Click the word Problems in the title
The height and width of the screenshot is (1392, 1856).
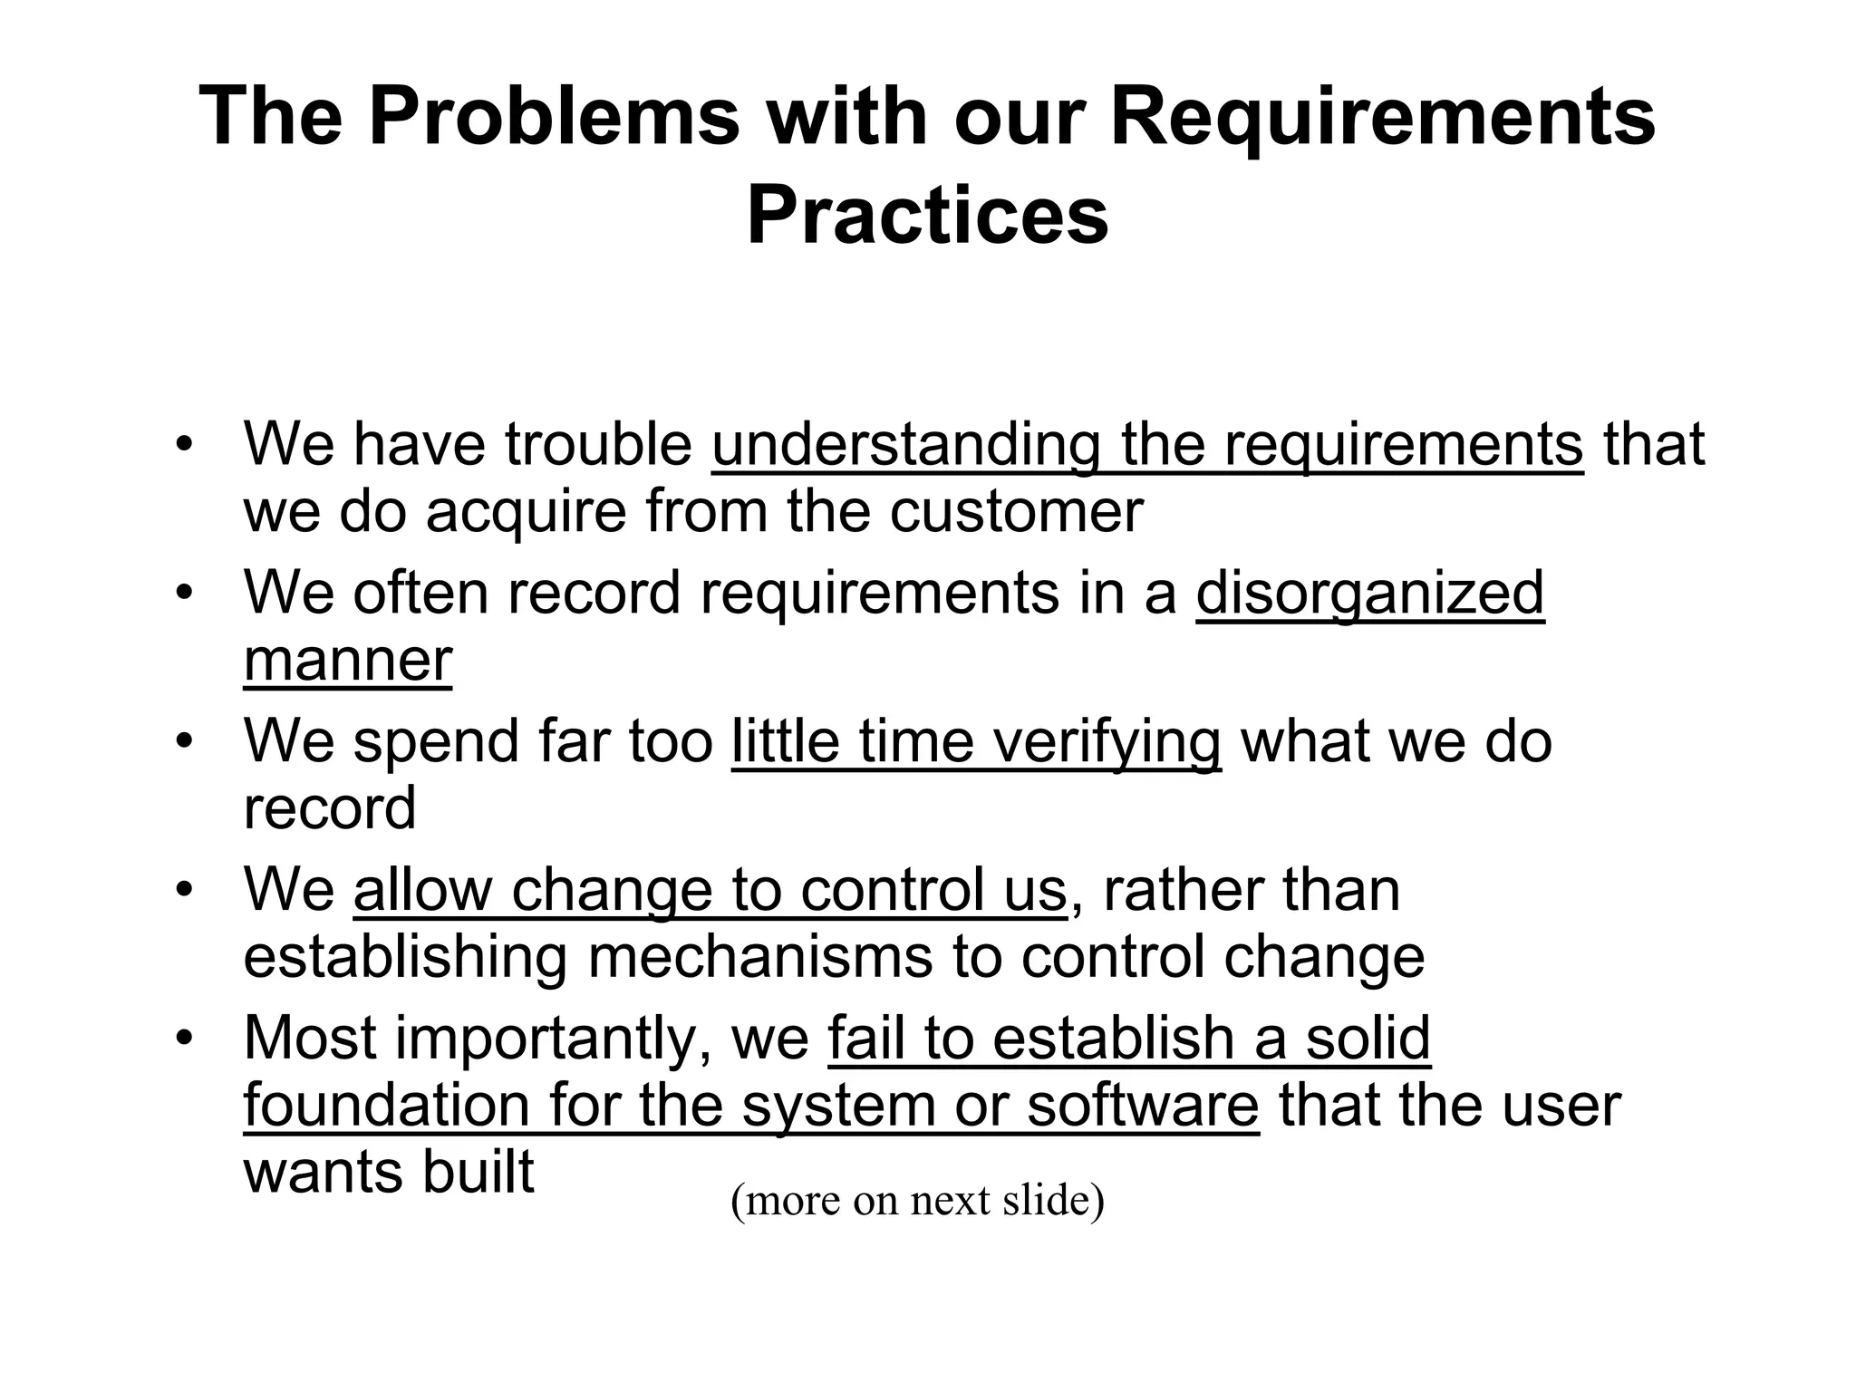pyautogui.click(x=554, y=118)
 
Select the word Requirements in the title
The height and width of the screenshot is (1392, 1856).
pyautogui.click(x=1383, y=118)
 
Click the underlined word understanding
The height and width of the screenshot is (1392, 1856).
pyautogui.click(x=905, y=445)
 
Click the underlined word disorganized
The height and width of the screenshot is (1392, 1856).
pyautogui.click(x=1369, y=594)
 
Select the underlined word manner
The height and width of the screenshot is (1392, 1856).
pyautogui.click(x=348, y=661)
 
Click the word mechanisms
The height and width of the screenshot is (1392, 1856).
pyautogui.click(x=759, y=957)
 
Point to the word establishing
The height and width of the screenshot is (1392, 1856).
pyautogui.click(x=405, y=957)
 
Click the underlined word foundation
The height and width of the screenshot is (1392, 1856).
pyautogui.click(x=386, y=1106)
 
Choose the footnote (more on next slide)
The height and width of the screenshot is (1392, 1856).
pyautogui.click(x=917, y=1200)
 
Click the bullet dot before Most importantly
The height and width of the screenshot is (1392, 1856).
pyautogui.click(x=185, y=1039)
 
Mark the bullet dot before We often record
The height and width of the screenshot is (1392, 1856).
pyautogui.click(x=185, y=594)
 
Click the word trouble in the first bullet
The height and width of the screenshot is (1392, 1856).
pyautogui.click(x=598, y=445)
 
